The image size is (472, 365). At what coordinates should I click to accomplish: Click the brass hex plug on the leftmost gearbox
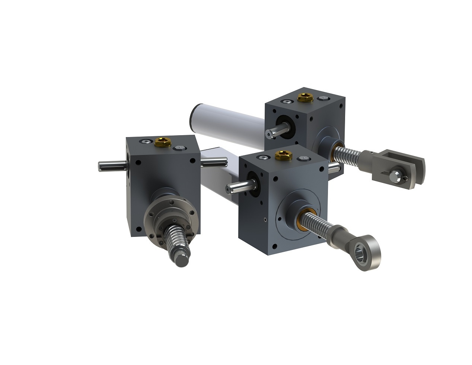point(163,142)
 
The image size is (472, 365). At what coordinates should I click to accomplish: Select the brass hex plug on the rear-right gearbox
point(305,97)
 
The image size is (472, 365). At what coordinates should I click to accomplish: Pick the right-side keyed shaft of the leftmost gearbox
point(214,162)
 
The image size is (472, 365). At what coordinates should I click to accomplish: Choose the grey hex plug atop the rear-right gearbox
point(322,98)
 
